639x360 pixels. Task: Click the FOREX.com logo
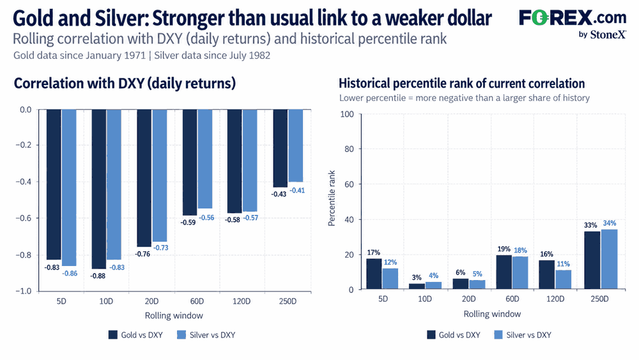click(x=573, y=24)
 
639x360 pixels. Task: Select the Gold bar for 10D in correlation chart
click(x=98, y=189)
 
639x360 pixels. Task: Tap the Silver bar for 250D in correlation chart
click(x=295, y=146)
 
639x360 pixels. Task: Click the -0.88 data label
click(x=98, y=276)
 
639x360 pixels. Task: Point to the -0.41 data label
click(x=297, y=191)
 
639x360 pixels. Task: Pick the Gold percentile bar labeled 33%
click(x=592, y=260)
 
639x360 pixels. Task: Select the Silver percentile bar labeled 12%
click(x=390, y=278)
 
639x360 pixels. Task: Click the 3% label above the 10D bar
click(x=417, y=278)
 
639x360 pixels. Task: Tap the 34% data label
click(x=610, y=223)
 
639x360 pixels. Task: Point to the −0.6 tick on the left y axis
click(x=23, y=218)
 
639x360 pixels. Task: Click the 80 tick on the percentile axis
click(x=350, y=149)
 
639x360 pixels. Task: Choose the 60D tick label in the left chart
click(x=197, y=301)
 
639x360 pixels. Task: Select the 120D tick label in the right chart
click(x=555, y=299)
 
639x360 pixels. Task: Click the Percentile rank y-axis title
click(x=332, y=198)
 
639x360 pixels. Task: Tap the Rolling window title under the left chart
click(x=174, y=316)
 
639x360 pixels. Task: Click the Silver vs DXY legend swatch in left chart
click(x=181, y=334)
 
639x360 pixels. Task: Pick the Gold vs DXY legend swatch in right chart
click(x=431, y=334)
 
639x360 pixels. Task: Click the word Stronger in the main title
click(x=188, y=18)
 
